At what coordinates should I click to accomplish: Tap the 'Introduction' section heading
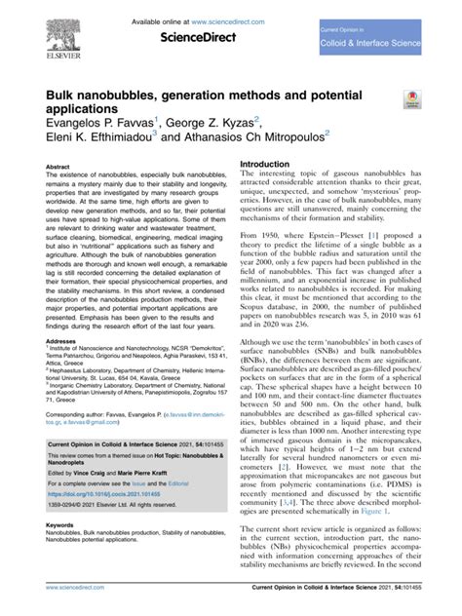tap(272, 165)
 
